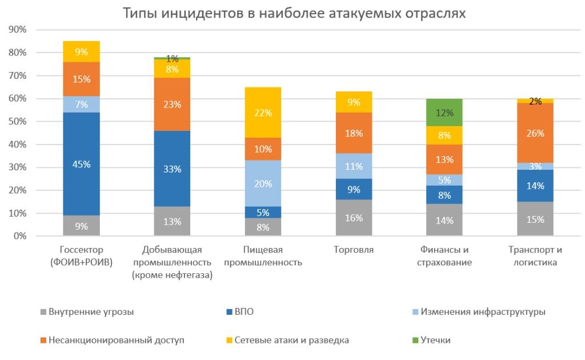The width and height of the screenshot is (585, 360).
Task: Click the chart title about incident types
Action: (294, 13)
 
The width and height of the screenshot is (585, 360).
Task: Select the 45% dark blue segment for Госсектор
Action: (82, 164)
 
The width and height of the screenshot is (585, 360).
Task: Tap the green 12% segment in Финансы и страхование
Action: (444, 112)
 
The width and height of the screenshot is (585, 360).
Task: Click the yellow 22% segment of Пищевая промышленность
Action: (263, 113)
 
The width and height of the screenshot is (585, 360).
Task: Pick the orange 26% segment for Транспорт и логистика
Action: (535, 134)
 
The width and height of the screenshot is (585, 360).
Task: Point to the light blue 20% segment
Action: (263, 184)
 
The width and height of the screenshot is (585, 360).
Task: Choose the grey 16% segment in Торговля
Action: (354, 218)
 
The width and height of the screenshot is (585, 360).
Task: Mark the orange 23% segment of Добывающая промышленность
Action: (173, 105)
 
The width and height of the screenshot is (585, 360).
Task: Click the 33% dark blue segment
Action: (173, 169)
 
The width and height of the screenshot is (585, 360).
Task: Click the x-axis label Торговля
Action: (354, 250)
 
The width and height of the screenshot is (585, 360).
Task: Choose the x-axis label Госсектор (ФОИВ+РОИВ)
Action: (82, 256)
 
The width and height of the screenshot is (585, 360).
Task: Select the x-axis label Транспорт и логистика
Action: (535, 256)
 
